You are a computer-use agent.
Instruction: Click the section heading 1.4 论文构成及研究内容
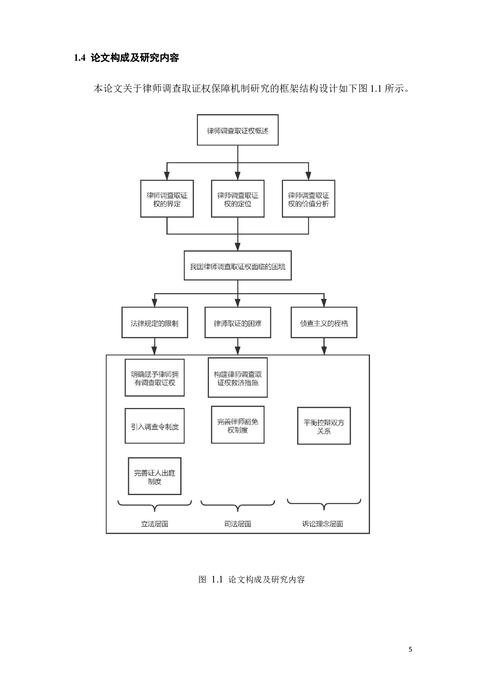coord(127,58)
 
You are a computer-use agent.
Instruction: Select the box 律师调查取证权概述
coord(238,130)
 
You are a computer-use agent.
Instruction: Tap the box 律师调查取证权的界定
coord(167,199)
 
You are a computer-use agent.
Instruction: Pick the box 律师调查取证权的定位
coord(238,199)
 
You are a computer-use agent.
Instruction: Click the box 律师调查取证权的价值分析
coord(308,199)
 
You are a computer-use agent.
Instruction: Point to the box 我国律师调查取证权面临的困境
coord(238,266)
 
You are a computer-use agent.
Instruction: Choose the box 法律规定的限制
coord(154,323)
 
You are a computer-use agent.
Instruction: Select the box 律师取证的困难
coord(238,323)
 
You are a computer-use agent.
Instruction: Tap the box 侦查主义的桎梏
coord(324,323)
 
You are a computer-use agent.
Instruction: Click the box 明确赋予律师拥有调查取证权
coord(154,378)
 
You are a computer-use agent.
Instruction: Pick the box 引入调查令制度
coord(154,426)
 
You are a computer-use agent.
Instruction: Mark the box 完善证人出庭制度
coord(154,476)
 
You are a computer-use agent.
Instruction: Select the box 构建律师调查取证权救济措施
coord(238,378)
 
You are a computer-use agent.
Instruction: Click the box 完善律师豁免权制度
coord(238,425)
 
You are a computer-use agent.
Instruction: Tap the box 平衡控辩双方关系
coord(324,426)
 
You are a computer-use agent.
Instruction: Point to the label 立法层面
coord(154,524)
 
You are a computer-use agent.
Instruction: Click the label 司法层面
coord(238,524)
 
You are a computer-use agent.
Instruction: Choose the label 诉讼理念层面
coord(323,524)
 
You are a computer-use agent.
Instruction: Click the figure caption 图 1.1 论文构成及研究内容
coord(252,579)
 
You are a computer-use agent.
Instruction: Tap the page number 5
coord(410,649)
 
